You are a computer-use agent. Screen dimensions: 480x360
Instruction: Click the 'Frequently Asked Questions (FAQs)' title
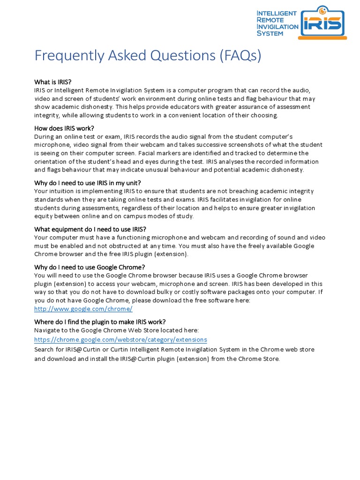(x=148, y=55)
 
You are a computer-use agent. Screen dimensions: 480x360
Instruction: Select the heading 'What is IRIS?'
(x=53, y=82)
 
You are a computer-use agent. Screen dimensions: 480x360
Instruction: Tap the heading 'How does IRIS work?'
(x=64, y=128)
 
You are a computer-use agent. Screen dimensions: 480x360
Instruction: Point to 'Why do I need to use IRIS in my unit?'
(x=88, y=182)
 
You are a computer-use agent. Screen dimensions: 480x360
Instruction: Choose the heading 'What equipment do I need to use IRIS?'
(x=90, y=229)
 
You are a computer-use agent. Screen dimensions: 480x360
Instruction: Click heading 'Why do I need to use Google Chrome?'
(x=90, y=267)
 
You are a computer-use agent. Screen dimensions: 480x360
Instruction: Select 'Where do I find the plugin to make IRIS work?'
(x=100, y=322)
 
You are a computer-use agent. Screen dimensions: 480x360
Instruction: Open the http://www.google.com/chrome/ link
(x=83, y=309)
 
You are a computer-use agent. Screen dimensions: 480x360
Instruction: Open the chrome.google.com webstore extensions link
(x=120, y=339)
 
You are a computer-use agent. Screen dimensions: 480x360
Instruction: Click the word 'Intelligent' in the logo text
(x=277, y=13)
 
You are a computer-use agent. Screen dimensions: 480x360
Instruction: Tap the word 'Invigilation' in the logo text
(x=277, y=27)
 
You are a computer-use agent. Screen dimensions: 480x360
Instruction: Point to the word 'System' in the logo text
(x=270, y=33)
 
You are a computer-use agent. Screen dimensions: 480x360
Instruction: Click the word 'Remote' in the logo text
(x=270, y=20)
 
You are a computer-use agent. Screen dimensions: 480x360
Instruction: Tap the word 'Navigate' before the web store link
(x=48, y=330)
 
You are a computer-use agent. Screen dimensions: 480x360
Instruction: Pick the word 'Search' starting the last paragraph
(x=45, y=350)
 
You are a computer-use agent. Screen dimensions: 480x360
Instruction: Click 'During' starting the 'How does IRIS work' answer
(x=45, y=136)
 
